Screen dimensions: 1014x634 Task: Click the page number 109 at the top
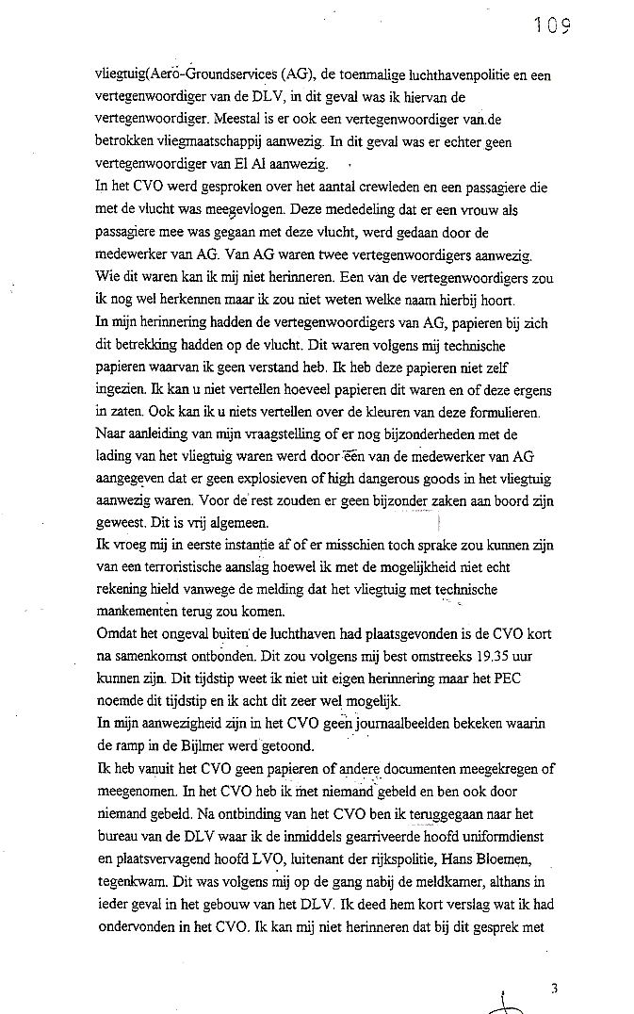[552, 25]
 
